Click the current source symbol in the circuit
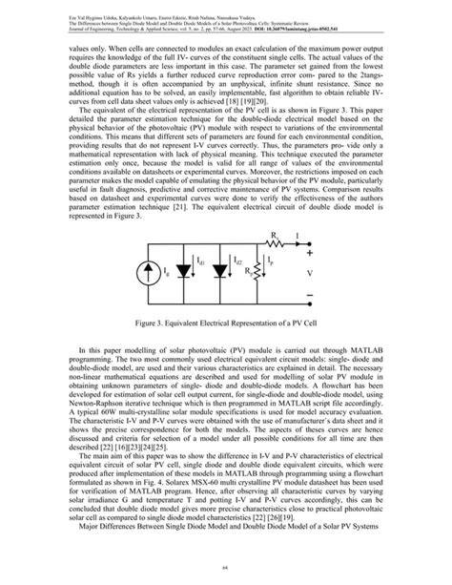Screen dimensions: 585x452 pyautogui.click(x=157, y=273)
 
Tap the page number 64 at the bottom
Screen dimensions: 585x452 pyautogui.click(x=226, y=566)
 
